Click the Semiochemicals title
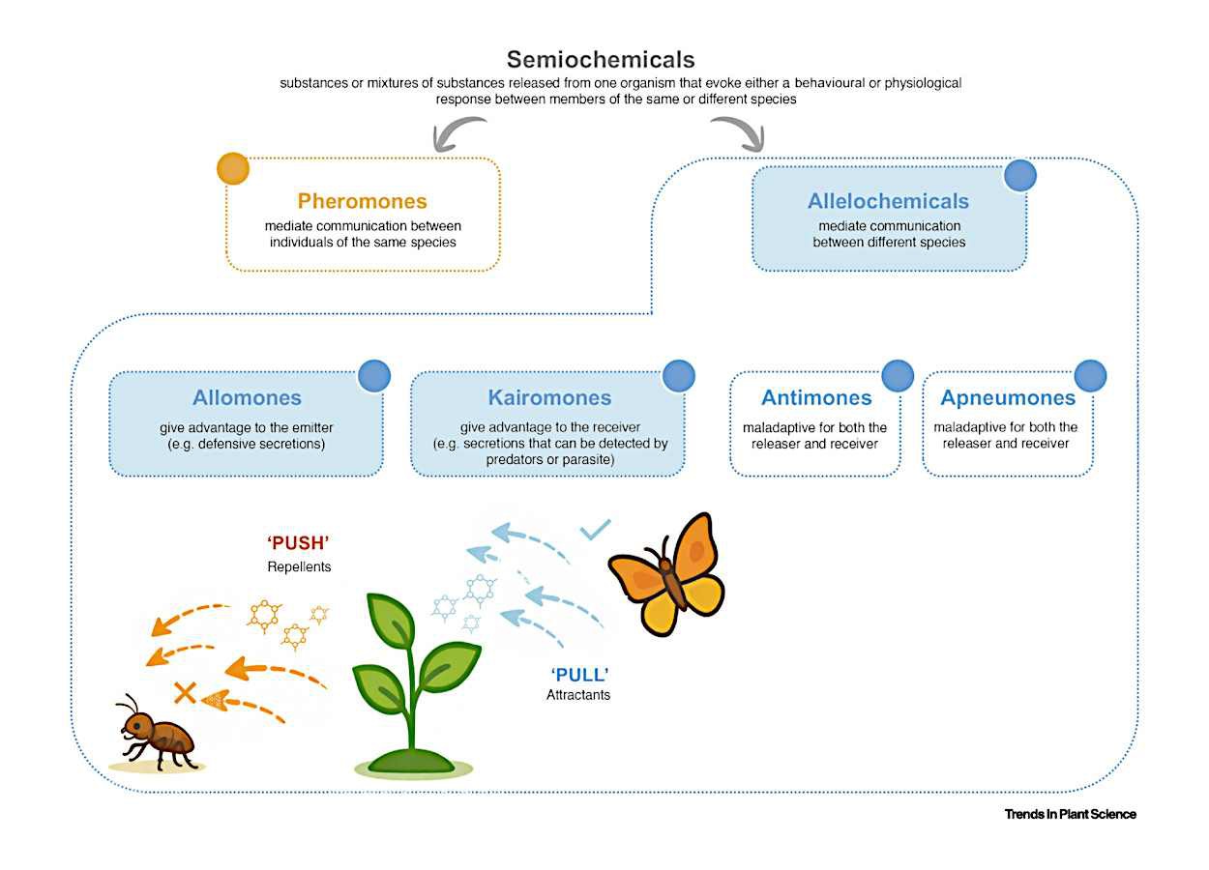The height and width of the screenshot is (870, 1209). [601, 60]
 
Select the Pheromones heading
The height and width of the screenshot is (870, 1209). [362, 201]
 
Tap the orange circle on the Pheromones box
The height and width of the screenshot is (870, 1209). [233, 168]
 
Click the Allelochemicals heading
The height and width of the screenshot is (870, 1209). [888, 201]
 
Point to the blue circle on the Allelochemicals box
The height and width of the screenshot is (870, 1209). [1019, 175]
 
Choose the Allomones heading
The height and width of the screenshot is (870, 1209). [247, 397]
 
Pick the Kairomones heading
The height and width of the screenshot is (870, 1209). [549, 397]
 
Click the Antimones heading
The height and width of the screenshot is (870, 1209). [816, 397]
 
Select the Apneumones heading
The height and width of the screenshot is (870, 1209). [1008, 397]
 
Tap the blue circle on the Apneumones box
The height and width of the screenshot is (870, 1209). [1090, 375]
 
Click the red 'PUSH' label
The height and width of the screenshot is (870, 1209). [298, 543]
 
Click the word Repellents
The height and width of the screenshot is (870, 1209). [299, 566]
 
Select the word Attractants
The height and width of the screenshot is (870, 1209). [578, 694]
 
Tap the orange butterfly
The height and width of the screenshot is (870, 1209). [667, 575]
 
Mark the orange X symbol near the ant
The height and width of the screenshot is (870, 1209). [185, 692]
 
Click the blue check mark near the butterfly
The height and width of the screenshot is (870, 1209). [595, 529]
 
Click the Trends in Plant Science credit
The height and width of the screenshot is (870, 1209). [1070, 814]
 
